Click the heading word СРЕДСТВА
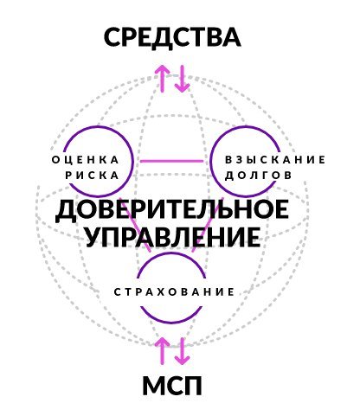click(x=172, y=36)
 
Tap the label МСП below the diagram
click(x=172, y=386)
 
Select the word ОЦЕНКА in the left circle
click(x=86, y=160)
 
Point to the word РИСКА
click(x=92, y=175)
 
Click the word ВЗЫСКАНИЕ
click(x=275, y=159)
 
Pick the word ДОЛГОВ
click(x=259, y=175)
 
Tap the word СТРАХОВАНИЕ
click(x=174, y=292)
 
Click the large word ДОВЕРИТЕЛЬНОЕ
click(x=172, y=210)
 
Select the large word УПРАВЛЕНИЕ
click(x=173, y=237)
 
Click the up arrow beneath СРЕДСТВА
click(x=163, y=79)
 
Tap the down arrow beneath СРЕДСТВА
click(x=182, y=79)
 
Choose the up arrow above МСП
click(x=163, y=351)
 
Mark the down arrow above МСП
click(x=182, y=351)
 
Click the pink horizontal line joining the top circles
click(x=172, y=161)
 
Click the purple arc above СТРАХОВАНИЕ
click(x=172, y=253)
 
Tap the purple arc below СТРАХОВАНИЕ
click(x=172, y=321)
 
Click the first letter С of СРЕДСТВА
click(x=114, y=37)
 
